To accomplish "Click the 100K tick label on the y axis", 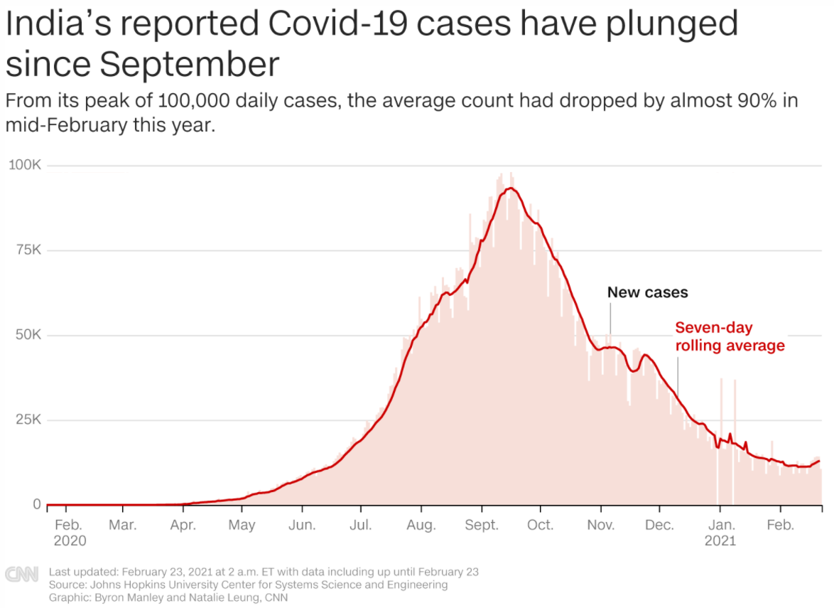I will tap(25, 166).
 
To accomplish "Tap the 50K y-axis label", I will tap(28, 335).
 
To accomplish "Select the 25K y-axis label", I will tap(28, 420).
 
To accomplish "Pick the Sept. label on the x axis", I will tap(482, 526).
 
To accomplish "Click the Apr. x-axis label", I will tap(183, 526).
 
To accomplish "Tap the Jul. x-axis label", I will tap(361, 526).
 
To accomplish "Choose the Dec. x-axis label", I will tap(659, 526).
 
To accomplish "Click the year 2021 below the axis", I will tap(720, 541).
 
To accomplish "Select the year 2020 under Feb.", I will tap(70, 541).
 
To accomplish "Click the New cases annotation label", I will tap(647, 292).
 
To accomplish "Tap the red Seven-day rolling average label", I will tap(730, 337).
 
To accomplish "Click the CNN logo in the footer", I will tap(21, 575).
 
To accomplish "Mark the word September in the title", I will tap(189, 64).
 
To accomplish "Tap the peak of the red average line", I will tap(510, 188).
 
